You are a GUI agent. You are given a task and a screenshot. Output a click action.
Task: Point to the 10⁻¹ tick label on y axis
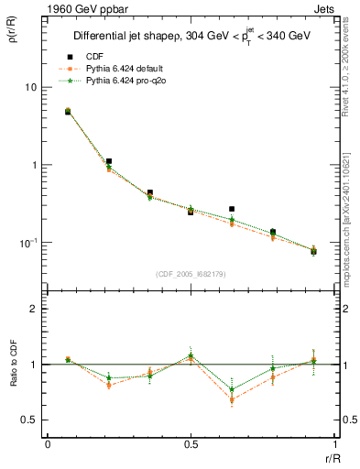27,242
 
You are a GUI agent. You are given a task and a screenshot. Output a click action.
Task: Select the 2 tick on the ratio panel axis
34,310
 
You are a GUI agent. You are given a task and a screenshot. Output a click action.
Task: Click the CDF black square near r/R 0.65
232,209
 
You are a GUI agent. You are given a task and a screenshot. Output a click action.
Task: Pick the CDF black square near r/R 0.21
109,161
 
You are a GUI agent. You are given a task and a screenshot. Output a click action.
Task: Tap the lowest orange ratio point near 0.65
232,399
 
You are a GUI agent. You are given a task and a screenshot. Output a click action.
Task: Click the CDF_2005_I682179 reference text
190,273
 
